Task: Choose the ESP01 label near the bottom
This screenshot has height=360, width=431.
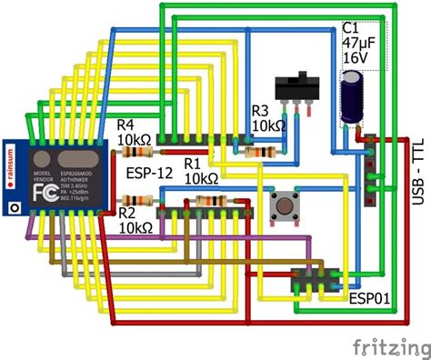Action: click(370, 297)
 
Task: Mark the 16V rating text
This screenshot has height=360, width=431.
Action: click(356, 57)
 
